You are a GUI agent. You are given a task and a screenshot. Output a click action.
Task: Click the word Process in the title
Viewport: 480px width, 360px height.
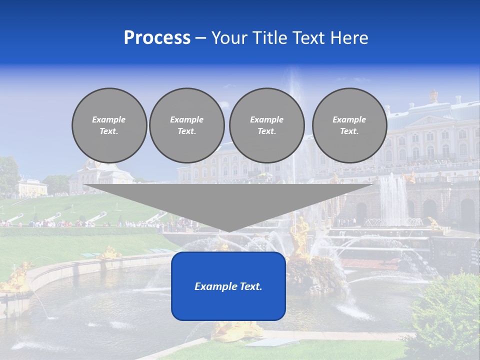click(x=157, y=38)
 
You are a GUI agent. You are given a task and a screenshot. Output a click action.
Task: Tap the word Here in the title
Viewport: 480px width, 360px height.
click(x=349, y=38)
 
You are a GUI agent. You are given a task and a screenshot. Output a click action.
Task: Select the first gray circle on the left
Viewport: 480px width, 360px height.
click(x=109, y=125)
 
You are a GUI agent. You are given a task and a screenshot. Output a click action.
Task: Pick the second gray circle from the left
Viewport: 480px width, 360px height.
click(x=186, y=125)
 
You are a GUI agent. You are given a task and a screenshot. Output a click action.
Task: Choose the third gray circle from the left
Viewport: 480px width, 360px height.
click(x=266, y=125)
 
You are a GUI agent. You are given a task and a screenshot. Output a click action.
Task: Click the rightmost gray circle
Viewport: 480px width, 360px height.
click(x=349, y=125)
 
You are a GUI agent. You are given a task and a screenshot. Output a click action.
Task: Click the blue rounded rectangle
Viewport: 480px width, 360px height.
click(x=228, y=300)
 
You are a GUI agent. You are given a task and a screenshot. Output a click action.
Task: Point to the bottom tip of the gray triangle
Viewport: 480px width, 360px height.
click(x=228, y=231)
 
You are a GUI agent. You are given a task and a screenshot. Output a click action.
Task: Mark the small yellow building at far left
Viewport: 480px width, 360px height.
click(x=32, y=187)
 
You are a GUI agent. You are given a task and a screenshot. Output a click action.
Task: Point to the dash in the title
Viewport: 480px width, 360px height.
click(x=200, y=38)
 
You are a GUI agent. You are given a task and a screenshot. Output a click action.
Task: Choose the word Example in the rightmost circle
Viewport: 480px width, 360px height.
click(x=349, y=119)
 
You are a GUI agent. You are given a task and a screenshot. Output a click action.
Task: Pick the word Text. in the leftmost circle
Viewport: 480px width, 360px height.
click(x=109, y=131)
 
